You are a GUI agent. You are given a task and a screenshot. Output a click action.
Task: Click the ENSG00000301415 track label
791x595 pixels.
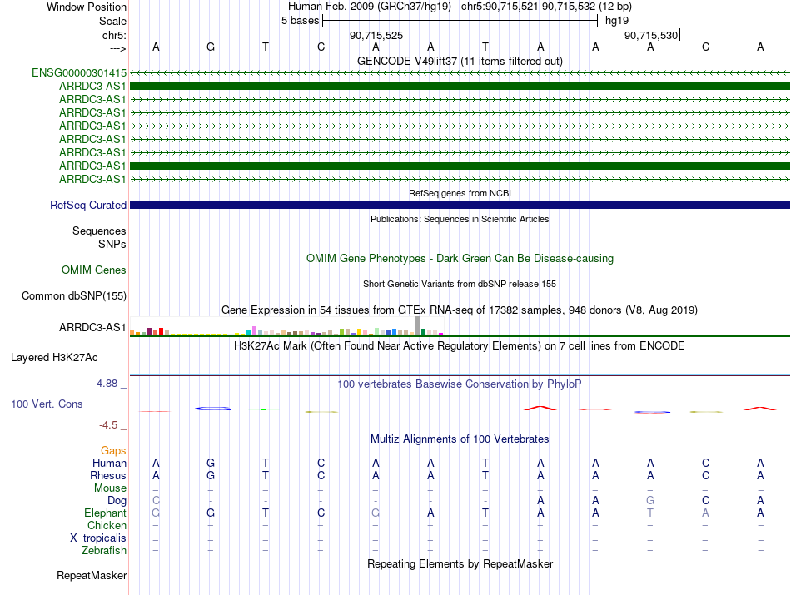79,72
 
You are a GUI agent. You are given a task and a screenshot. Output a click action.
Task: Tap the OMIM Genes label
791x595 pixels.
94,270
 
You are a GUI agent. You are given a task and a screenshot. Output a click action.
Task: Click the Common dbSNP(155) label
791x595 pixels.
74,295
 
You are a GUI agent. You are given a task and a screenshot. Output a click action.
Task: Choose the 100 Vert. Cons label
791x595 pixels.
46,404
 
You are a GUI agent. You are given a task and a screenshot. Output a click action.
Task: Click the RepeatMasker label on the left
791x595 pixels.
92,575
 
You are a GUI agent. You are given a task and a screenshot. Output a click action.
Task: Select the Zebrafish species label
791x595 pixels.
104,550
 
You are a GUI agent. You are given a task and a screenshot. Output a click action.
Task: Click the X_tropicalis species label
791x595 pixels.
98,538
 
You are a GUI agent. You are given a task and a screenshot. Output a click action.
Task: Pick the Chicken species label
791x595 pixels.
107,525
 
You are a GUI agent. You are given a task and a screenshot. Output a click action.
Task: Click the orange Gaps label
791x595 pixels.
113,450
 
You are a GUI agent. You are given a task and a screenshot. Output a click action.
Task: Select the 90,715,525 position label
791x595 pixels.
376,35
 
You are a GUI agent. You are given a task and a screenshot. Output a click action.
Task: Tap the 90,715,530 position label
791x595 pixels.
651,35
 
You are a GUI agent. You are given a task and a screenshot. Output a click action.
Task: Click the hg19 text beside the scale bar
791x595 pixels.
617,20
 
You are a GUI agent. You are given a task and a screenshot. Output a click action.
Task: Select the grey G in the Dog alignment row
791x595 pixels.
650,500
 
